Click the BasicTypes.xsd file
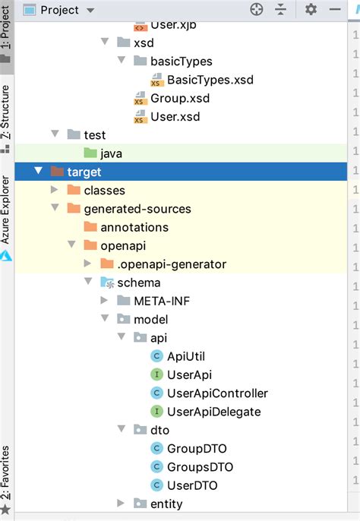click(210, 80)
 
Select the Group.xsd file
click(179, 98)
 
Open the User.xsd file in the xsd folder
click(175, 116)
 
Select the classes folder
click(104, 190)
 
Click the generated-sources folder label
click(137, 208)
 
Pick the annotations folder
click(134, 227)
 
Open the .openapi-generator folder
click(172, 264)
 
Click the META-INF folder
click(162, 301)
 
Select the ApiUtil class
click(185, 356)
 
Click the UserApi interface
click(188, 374)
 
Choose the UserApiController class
click(216, 393)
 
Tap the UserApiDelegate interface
click(213, 412)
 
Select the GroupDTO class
click(197, 448)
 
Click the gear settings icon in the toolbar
click(311, 10)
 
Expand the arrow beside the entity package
click(121, 504)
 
